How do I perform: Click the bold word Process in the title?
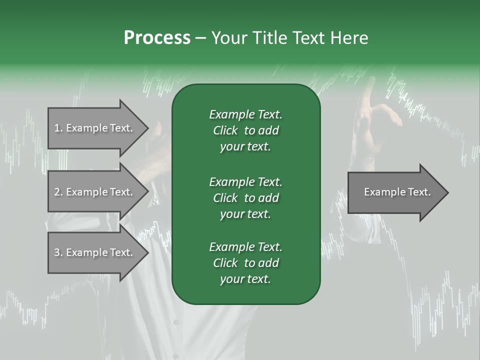(x=157, y=38)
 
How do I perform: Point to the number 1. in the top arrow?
(x=58, y=128)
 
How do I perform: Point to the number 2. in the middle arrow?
(x=58, y=192)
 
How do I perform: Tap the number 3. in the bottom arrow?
(x=58, y=252)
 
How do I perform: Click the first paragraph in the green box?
(x=245, y=130)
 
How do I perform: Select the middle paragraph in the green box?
(x=245, y=198)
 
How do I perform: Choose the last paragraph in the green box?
(x=245, y=263)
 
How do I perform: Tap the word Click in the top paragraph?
(x=225, y=131)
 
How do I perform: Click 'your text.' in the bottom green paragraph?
(x=245, y=279)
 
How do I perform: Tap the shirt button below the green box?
(x=175, y=322)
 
